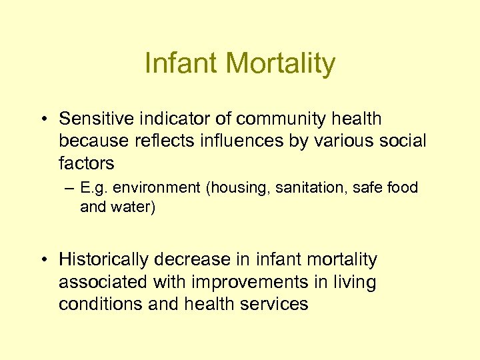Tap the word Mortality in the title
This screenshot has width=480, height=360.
point(280,64)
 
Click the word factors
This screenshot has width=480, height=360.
point(86,163)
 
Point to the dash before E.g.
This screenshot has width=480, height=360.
point(70,189)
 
